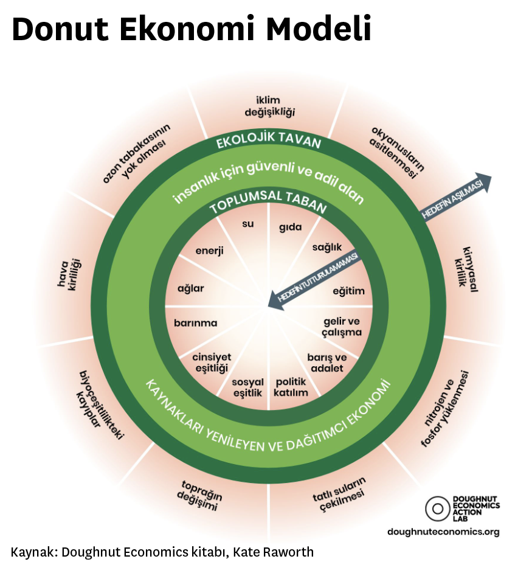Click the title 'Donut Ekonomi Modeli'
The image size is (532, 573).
pyautogui.click(x=191, y=29)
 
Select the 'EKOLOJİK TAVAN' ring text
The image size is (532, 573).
pyautogui.click(x=269, y=142)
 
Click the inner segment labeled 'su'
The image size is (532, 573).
pyautogui.click(x=248, y=224)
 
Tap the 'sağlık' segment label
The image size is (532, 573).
pyautogui.click(x=327, y=248)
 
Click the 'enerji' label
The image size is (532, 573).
pyautogui.click(x=210, y=250)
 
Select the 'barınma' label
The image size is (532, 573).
pyautogui.click(x=195, y=323)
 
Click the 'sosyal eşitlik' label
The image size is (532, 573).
pyautogui.click(x=247, y=387)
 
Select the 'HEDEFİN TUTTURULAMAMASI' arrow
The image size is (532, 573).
pyautogui.click(x=316, y=278)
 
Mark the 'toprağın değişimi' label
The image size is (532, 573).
pyautogui.click(x=199, y=495)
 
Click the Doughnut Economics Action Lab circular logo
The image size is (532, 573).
pyautogui.click(x=436, y=509)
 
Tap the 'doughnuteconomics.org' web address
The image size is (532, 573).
pyautogui.click(x=443, y=532)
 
